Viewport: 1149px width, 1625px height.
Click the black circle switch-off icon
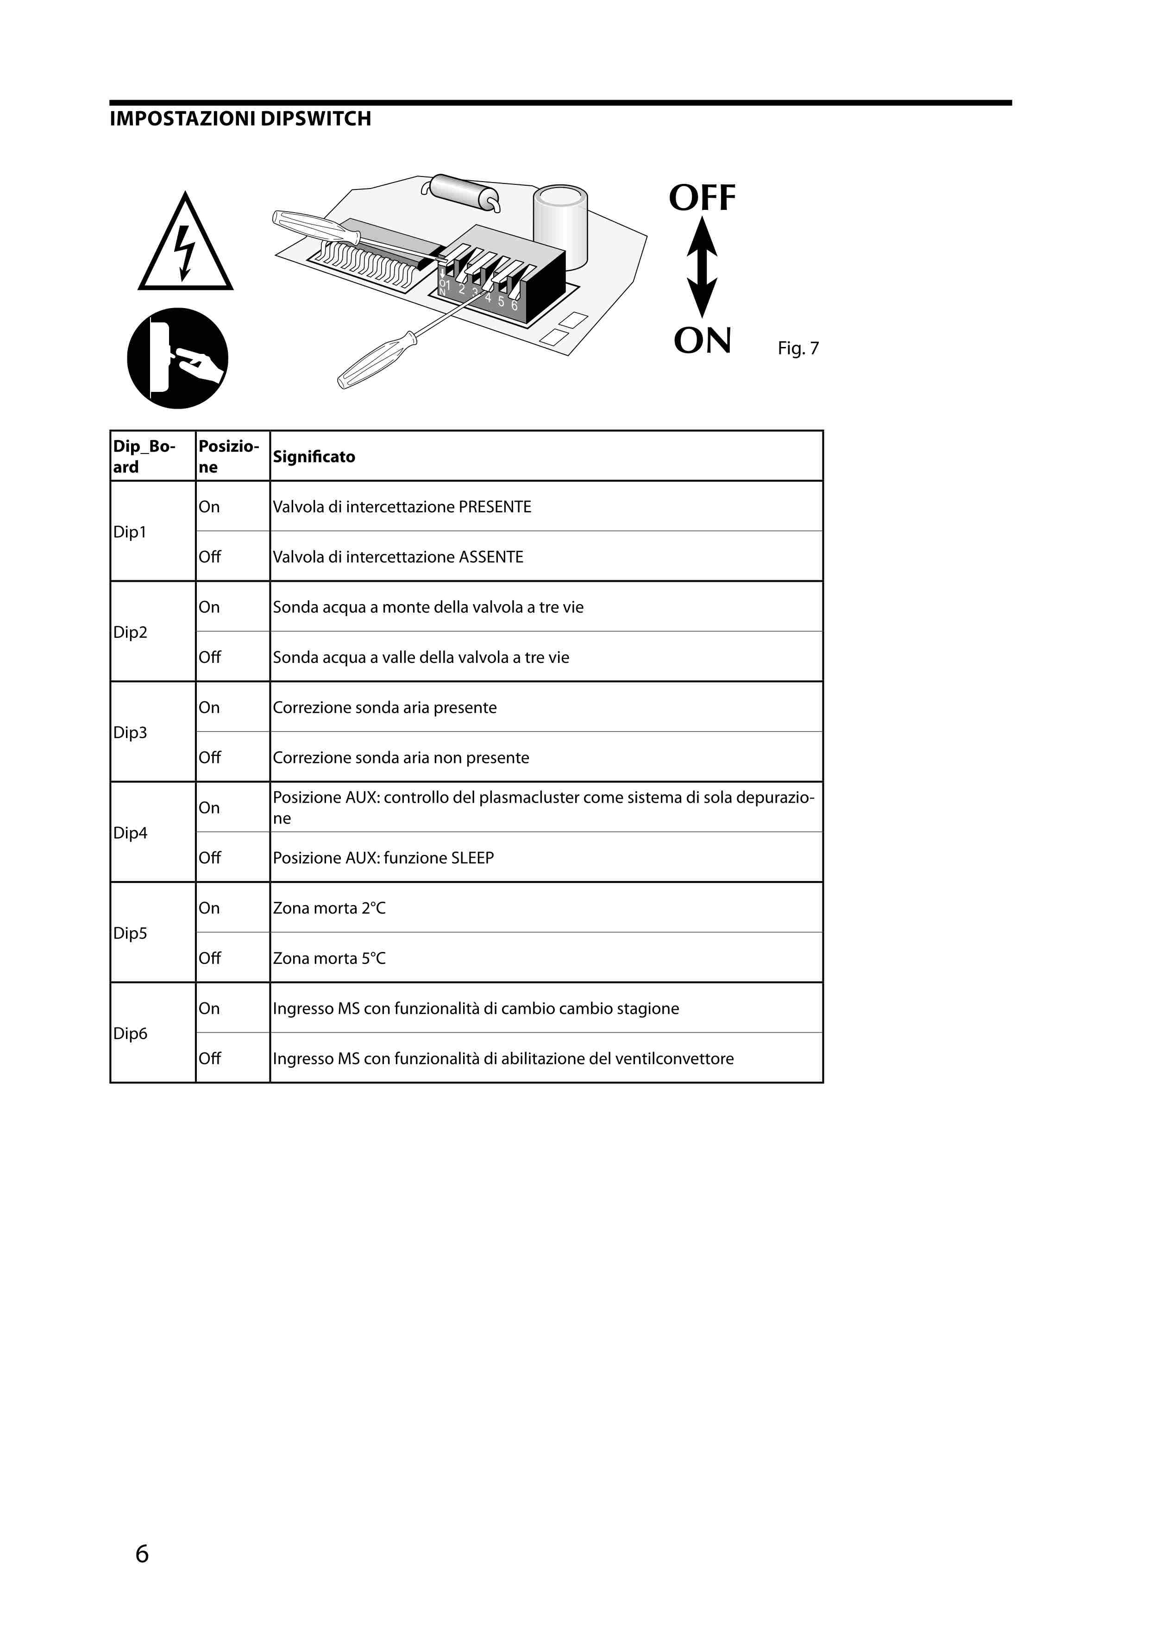tap(177, 358)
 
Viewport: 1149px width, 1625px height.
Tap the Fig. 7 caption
tap(797, 348)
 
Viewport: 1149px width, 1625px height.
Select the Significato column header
tap(314, 456)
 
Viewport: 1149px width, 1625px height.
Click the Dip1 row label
tap(130, 531)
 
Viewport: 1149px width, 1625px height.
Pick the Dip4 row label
tap(130, 832)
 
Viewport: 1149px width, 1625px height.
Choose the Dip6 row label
tap(130, 1033)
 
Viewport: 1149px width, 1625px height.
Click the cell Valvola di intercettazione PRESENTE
tap(402, 507)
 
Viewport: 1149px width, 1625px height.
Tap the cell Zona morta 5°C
tap(329, 958)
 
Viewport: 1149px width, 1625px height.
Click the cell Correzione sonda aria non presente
tap(401, 757)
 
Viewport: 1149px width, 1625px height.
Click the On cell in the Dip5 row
tap(209, 908)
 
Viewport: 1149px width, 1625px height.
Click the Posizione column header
tap(228, 456)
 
